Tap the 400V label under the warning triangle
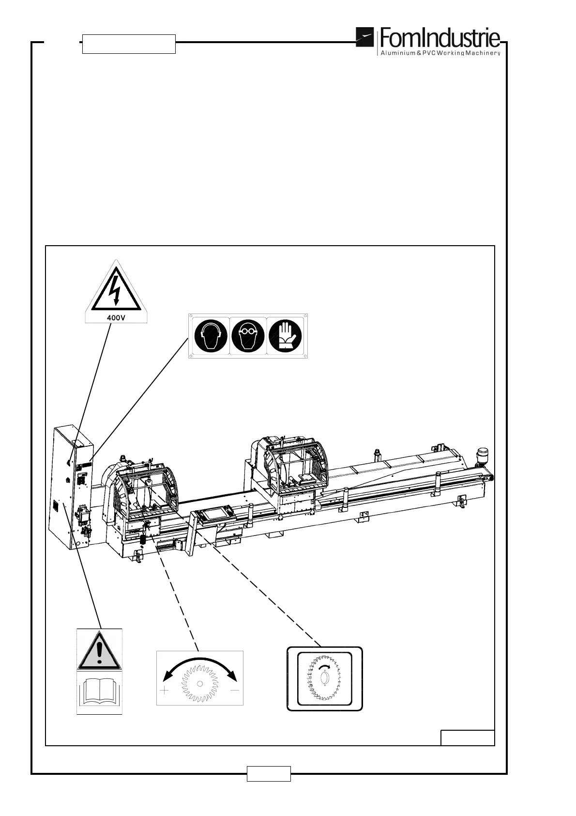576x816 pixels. tap(116, 318)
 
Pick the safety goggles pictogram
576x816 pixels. tap(248, 335)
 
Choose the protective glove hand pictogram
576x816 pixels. tap(285, 335)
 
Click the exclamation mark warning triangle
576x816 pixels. tap(99, 649)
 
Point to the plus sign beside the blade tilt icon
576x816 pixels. tap(165, 690)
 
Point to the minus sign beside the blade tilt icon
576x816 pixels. tap(235, 690)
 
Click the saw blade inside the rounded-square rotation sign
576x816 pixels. tap(324, 678)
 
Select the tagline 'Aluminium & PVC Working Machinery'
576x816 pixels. tap(440, 53)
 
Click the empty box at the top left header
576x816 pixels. tap(129, 44)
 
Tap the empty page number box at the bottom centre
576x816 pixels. tap(269, 773)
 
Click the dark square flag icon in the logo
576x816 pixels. tap(365, 38)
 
